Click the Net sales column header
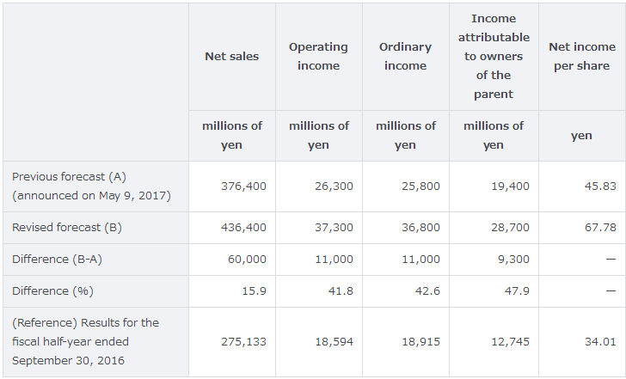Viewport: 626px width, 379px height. pyautogui.click(x=231, y=56)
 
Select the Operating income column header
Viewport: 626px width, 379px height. pyautogui.click(x=318, y=56)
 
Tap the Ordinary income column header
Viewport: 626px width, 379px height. pyautogui.click(x=405, y=56)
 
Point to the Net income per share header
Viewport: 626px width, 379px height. pyautogui.click(x=582, y=56)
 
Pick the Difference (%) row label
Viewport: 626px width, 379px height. pyautogui.click(x=52, y=290)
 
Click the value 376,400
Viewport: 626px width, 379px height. pyautogui.click(x=244, y=186)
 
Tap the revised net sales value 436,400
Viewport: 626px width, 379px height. pyautogui.click(x=244, y=228)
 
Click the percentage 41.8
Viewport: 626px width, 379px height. pyautogui.click(x=340, y=290)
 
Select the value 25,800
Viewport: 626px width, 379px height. pyautogui.click(x=420, y=186)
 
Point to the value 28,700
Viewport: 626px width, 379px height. pyautogui.click(x=510, y=228)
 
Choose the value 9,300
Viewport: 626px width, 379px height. pyautogui.click(x=513, y=259)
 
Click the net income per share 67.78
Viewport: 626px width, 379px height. pyautogui.click(x=600, y=228)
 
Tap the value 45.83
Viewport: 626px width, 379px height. pyautogui.click(x=600, y=186)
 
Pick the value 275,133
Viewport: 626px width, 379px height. pyautogui.click(x=244, y=341)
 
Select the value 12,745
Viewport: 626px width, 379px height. pyautogui.click(x=510, y=341)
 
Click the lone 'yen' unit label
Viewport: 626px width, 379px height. pyautogui.click(x=581, y=135)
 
